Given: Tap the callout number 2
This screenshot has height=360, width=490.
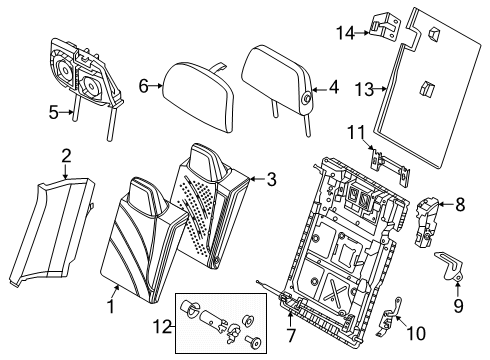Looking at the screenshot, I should point(65,155).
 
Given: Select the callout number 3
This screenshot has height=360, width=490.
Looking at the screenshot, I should point(271,179).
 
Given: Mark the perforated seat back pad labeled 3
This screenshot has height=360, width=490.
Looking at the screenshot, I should point(215,200).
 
